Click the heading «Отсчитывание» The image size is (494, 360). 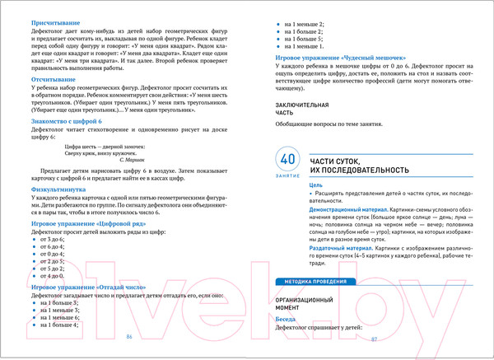click(54, 79)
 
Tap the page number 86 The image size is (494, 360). click(129, 339)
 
